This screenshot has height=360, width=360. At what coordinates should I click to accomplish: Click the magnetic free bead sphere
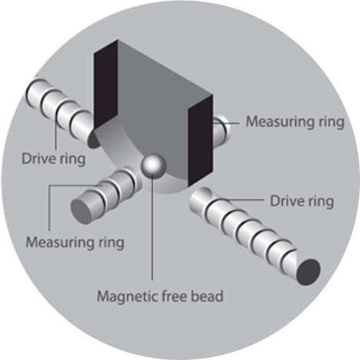[153, 165]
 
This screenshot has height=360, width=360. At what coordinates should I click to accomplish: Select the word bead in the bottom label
[207, 296]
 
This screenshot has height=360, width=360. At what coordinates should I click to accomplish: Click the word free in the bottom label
[175, 296]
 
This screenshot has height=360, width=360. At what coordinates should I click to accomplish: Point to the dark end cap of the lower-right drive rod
[308, 272]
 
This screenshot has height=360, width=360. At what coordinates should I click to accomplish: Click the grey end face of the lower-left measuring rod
[82, 211]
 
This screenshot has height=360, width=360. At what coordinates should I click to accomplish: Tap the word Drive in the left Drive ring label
[38, 158]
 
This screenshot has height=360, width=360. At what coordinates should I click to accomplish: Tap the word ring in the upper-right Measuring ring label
[332, 122]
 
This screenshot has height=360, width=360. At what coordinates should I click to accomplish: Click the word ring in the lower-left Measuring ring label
[112, 243]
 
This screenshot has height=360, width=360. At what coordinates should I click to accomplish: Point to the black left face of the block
[106, 85]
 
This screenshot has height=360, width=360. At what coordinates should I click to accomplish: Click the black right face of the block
[200, 141]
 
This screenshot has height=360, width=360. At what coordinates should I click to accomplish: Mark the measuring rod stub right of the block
[221, 130]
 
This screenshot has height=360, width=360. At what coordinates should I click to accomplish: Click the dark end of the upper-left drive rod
[93, 139]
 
